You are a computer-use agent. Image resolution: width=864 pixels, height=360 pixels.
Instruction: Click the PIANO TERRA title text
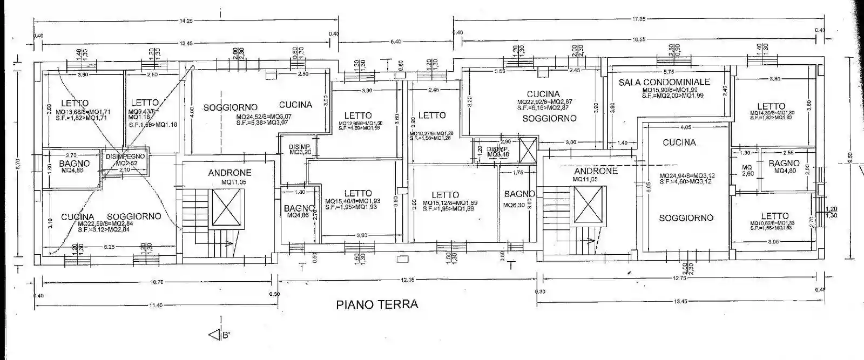(x=377, y=304)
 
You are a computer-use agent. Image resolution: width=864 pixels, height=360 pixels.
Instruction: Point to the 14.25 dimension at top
(x=186, y=21)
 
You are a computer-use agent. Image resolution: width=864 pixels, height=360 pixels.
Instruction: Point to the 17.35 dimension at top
(x=639, y=19)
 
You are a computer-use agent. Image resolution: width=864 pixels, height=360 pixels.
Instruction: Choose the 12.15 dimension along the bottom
(x=407, y=280)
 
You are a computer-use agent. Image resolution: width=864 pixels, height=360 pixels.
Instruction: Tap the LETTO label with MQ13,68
(x=75, y=103)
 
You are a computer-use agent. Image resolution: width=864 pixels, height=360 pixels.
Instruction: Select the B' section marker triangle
(x=215, y=335)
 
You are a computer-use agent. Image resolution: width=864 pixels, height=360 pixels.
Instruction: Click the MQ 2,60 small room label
(x=747, y=171)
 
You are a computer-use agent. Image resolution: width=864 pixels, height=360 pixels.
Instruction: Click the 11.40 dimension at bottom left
(x=156, y=305)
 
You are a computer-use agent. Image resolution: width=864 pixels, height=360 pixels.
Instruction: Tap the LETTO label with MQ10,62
(x=774, y=216)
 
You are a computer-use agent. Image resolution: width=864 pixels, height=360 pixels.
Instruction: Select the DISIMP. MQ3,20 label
(x=299, y=150)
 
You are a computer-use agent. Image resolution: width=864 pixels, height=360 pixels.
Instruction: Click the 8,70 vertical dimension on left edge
(x=17, y=160)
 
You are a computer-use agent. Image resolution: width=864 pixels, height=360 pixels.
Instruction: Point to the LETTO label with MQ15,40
(x=358, y=193)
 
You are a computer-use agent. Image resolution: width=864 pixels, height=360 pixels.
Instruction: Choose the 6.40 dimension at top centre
(x=396, y=41)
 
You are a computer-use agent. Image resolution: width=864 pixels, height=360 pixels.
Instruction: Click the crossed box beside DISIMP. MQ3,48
(x=527, y=149)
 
